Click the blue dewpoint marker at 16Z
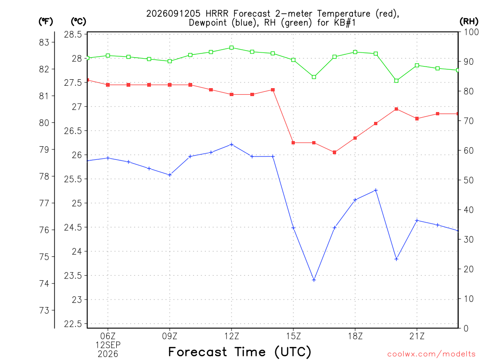pos(314,280)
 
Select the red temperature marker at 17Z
pos(335,152)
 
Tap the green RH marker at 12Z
pos(232,48)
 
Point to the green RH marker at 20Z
pos(397,81)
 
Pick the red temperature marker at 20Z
pos(397,109)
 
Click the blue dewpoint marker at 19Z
pos(376,190)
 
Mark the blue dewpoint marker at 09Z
pos(170,175)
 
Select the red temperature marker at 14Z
pos(273,90)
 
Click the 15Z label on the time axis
pos(293,337)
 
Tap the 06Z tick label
pos(108,337)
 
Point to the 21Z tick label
pos(417,337)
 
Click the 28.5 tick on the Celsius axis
pos(73,34)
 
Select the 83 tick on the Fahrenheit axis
pos(45,42)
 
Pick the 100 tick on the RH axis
pos(471,32)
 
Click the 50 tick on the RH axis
pos(469,180)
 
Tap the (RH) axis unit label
pos(469,22)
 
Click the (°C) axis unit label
pos(78,22)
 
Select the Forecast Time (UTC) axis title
pos(240,352)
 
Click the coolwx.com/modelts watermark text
pos(431,354)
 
